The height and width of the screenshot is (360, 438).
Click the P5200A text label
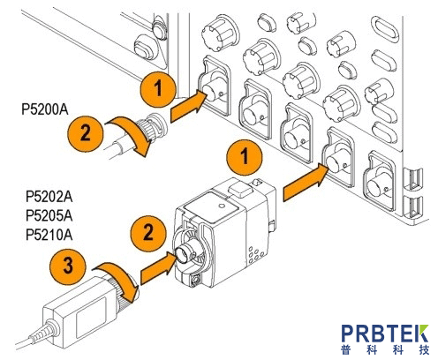[x=45, y=109]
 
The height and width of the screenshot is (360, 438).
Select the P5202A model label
[x=49, y=197]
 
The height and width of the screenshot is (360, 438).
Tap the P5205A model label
[x=49, y=216]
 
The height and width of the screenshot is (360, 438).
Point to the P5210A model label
[x=49, y=235]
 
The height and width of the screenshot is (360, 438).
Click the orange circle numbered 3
[x=68, y=266]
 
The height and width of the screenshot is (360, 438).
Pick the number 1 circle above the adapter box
[x=245, y=156]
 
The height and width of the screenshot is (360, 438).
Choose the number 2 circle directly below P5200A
[x=86, y=133]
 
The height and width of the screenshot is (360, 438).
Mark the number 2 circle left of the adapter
[x=148, y=233]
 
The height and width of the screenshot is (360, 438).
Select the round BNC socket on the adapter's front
[x=185, y=253]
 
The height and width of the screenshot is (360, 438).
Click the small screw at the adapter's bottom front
[x=194, y=280]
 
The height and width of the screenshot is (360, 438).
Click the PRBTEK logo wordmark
[x=385, y=334]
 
